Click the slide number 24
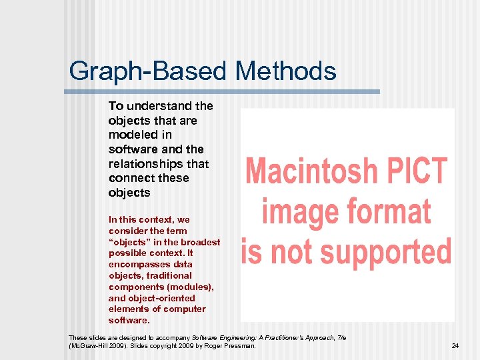click(455, 346)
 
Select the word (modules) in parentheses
click(190, 287)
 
